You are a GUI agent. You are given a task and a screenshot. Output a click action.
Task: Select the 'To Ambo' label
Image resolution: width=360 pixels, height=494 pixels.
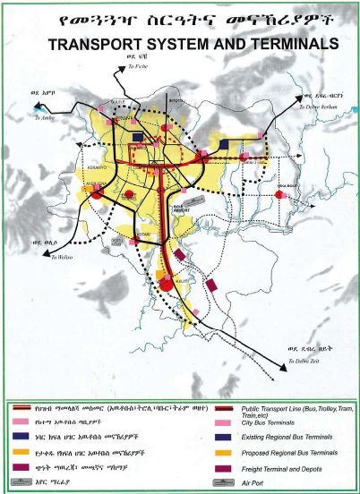tap(45, 116)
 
